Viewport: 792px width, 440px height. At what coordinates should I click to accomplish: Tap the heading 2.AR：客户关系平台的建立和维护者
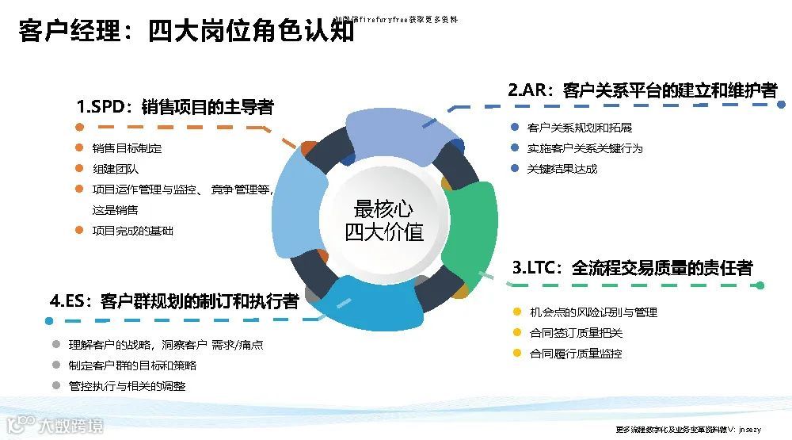click(x=642, y=90)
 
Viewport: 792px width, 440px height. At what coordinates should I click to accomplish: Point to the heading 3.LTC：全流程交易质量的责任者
click(x=632, y=268)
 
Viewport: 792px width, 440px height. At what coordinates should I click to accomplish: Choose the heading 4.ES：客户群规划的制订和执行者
click(x=174, y=301)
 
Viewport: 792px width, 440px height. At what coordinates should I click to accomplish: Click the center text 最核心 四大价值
click(x=384, y=220)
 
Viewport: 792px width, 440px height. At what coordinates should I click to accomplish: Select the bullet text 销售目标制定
click(x=127, y=148)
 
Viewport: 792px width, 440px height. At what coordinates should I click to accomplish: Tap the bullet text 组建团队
click(x=116, y=169)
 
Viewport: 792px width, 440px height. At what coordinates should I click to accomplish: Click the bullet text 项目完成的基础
click(x=132, y=231)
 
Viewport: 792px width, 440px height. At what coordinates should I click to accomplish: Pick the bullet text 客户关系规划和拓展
click(x=580, y=128)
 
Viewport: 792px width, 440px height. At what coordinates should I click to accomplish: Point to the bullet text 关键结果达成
click(x=562, y=169)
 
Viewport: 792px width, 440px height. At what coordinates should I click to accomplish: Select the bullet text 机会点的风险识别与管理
click(x=594, y=312)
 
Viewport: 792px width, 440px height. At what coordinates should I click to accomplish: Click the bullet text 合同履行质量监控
click(x=576, y=354)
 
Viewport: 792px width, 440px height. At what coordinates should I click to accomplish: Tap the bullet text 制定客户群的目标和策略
click(x=133, y=365)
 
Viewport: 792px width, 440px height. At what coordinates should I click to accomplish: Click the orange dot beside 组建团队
click(x=78, y=169)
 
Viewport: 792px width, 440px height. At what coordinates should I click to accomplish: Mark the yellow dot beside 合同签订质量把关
click(x=517, y=333)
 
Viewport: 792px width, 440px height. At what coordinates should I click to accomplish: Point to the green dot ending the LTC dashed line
click(x=760, y=285)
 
